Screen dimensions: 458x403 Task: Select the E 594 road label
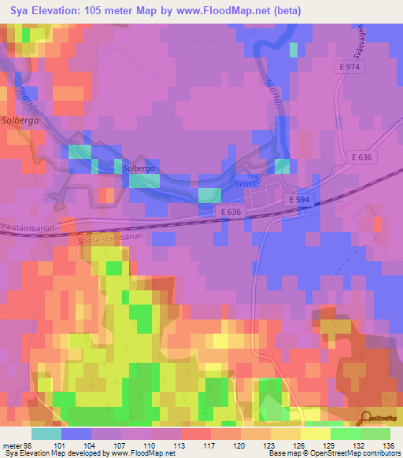pos(298,200)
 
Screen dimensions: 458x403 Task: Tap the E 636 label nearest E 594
pos(230,212)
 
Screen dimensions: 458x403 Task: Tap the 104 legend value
pos(87,445)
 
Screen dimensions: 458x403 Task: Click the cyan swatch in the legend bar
pos(46,433)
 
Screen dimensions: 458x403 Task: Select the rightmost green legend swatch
pos(375,433)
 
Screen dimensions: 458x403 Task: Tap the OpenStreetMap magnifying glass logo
pos(364,416)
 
